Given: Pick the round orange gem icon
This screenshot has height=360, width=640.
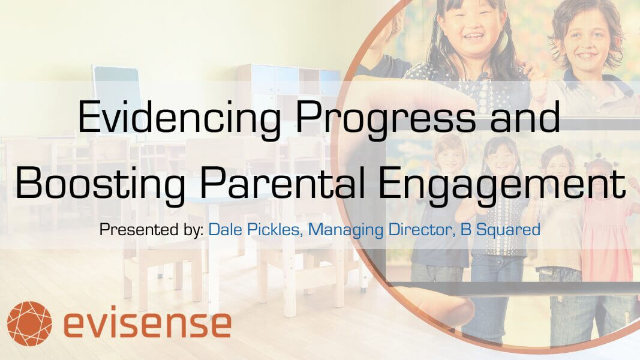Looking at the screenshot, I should [x=29, y=323].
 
